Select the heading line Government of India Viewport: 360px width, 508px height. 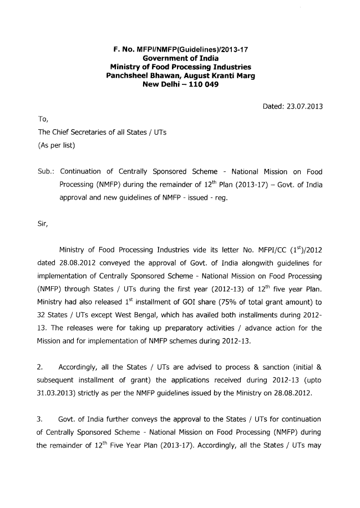(x=180, y=59)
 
